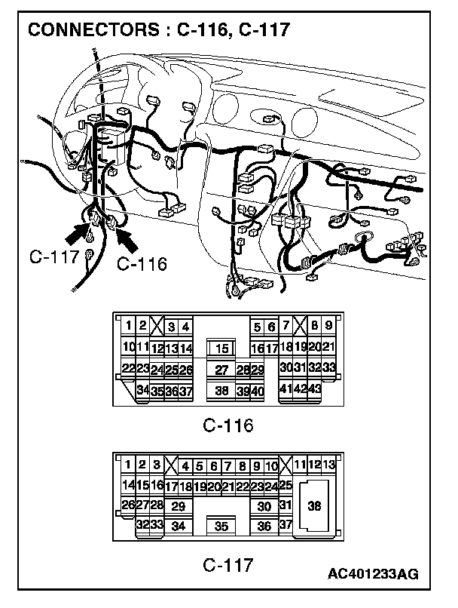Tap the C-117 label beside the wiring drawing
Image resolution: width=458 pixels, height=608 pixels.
pos(55,256)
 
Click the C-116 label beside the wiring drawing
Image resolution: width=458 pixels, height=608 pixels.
pos(142,264)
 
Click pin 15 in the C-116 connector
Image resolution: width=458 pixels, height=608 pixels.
pos(221,349)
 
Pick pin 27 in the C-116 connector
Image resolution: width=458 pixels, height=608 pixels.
pos(221,370)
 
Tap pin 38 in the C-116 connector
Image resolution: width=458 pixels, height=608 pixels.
pos(221,391)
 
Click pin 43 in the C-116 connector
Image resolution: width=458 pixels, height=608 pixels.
pos(316,388)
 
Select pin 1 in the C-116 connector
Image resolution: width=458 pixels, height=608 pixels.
pos(129,326)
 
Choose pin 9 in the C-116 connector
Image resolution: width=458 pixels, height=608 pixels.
pos(328,326)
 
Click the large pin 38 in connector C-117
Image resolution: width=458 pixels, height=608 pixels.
pos(314,506)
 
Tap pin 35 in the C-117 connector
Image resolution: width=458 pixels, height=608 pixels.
pos(221,527)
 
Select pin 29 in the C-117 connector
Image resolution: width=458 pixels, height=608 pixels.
pos(179,507)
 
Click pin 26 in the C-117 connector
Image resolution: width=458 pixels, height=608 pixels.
pos(127,504)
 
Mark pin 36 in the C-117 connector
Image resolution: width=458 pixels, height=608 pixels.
pos(264,527)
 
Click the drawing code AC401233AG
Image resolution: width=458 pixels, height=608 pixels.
pos(373,575)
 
